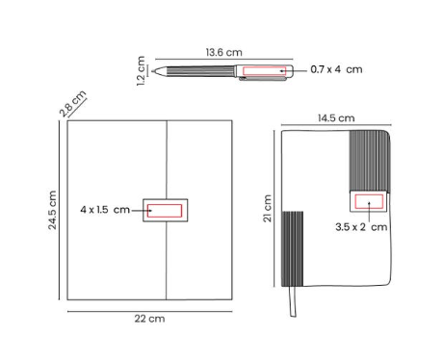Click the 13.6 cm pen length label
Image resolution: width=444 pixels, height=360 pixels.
223,52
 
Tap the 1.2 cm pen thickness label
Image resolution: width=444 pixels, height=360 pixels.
141,71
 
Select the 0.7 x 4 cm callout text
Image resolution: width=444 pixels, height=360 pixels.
336,69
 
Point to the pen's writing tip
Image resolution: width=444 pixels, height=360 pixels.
153,71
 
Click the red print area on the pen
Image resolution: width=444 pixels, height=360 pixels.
264,71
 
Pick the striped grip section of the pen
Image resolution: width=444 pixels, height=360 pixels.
199,71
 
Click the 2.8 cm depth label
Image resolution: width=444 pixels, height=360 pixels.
73,104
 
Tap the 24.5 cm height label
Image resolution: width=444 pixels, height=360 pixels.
52,210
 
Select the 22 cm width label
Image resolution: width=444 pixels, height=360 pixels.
149,319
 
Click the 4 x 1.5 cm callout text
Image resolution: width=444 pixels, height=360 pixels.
105,210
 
